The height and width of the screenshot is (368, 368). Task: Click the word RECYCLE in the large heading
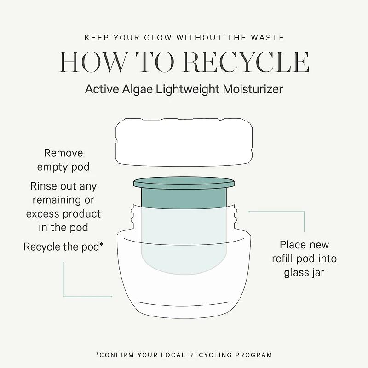[x=246, y=62]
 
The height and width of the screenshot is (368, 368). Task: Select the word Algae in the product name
[x=137, y=90]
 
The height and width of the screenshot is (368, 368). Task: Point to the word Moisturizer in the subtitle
[x=253, y=89]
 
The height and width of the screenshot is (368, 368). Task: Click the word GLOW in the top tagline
[x=158, y=38]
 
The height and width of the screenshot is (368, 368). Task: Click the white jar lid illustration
[x=184, y=142]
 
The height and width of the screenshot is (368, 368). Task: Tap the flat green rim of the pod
[x=184, y=183]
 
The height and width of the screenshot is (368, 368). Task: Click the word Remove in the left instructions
[x=63, y=153]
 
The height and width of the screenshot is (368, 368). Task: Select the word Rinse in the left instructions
[x=43, y=186]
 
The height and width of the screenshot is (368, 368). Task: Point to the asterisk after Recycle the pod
[x=101, y=244]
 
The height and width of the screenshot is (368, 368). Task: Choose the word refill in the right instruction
[x=283, y=259]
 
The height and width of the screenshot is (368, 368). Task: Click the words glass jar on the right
[x=304, y=273]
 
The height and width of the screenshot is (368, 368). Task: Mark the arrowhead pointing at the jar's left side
[x=111, y=297]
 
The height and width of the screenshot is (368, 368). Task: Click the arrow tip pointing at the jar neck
[x=249, y=212]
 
